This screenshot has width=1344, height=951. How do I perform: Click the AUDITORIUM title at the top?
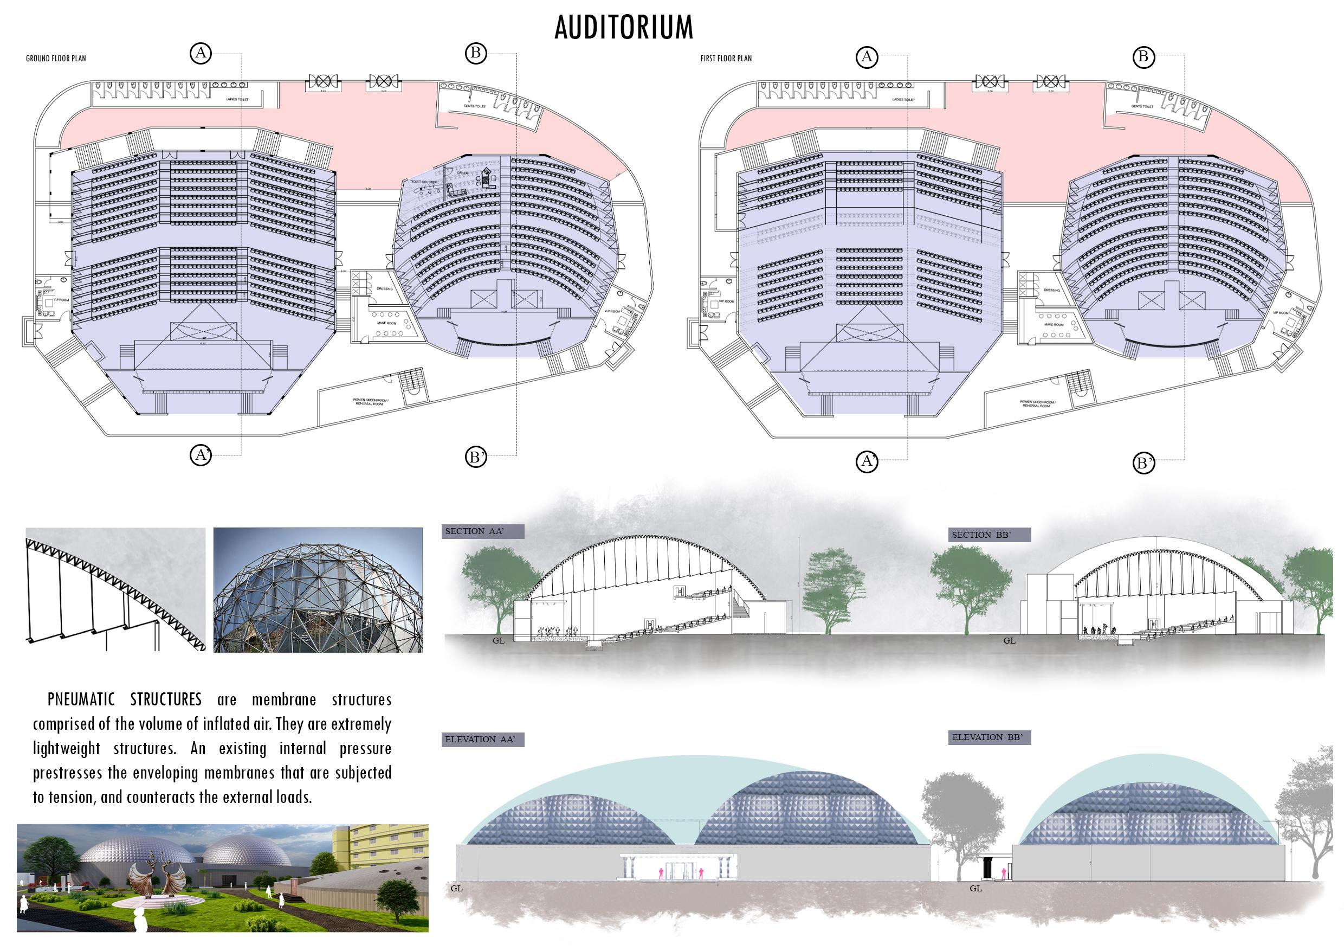pyautogui.click(x=624, y=28)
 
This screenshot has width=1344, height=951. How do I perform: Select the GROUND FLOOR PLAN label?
pyautogui.click(x=56, y=59)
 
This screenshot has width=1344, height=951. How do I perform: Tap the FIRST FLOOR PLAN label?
pyautogui.click(x=726, y=59)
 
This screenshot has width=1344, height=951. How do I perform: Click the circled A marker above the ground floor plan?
pyautogui.click(x=201, y=53)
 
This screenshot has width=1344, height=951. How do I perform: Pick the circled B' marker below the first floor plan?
pyautogui.click(x=1143, y=464)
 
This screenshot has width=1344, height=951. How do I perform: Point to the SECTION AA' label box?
pyautogui.click(x=482, y=531)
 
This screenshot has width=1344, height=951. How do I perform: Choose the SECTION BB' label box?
pyautogui.click(x=988, y=535)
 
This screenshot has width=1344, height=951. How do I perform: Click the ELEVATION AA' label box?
pyautogui.click(x=482, y=739)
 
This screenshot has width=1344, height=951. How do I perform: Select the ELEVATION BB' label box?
pyautogui.click(x=988, y=737)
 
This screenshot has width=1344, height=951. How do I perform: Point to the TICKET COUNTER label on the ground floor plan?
pyautogui.click(x=424, y=183)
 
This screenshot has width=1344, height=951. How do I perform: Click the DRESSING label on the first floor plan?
pyautogui.click(x=1051, y=290)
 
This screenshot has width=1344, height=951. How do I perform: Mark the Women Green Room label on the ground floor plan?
pyautogui.click(x=368, y=402)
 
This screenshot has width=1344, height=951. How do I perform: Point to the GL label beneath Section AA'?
pyautogui.click(x=498, y=641)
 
